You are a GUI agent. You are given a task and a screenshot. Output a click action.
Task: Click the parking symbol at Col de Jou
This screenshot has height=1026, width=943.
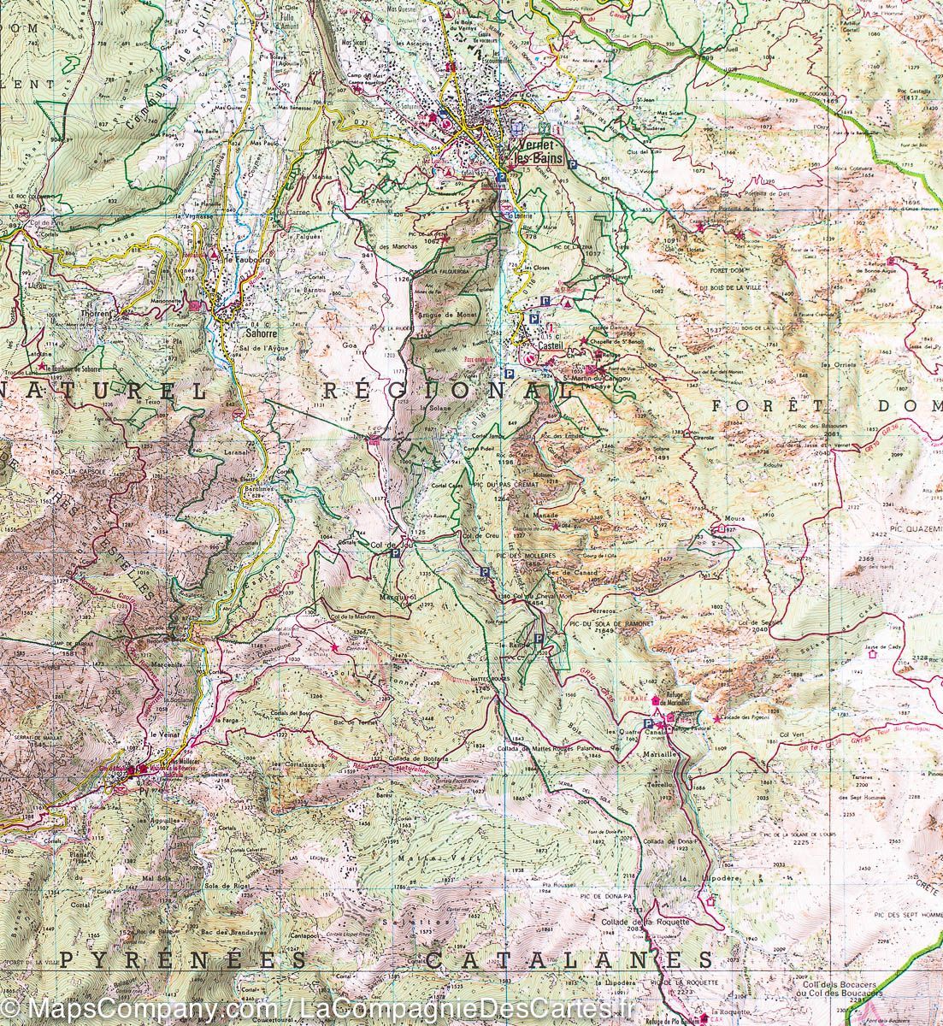(x=394, y=554)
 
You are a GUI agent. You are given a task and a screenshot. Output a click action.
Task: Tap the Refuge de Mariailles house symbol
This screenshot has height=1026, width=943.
(x=657, y=699)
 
